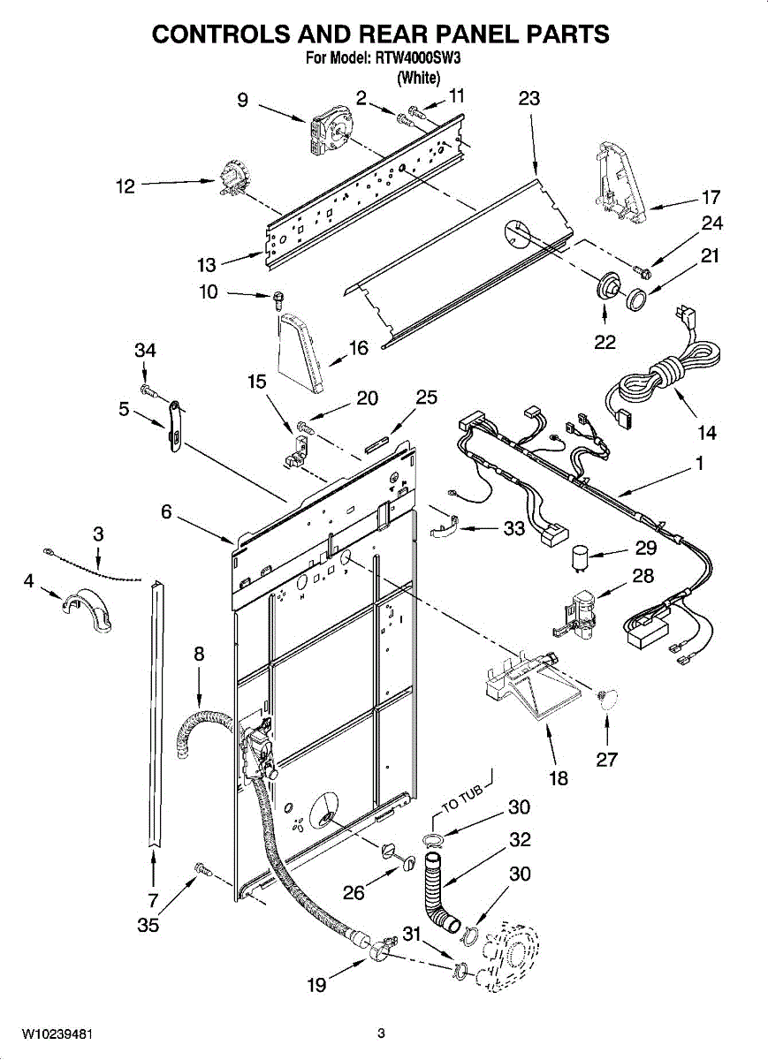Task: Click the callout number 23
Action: pos(528,99)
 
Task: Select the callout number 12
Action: pos(125,186)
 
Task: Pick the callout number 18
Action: pos(559,778)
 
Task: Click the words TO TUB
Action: pos(463,797)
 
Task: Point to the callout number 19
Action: pos(316,985)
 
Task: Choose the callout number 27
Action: pos(606,759)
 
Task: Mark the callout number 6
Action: pos(166,511)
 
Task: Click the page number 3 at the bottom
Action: pos(381,1033)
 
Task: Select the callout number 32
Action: pos(520,839)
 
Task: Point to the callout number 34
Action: pos(145,351)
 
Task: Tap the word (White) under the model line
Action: pos(418,78)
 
